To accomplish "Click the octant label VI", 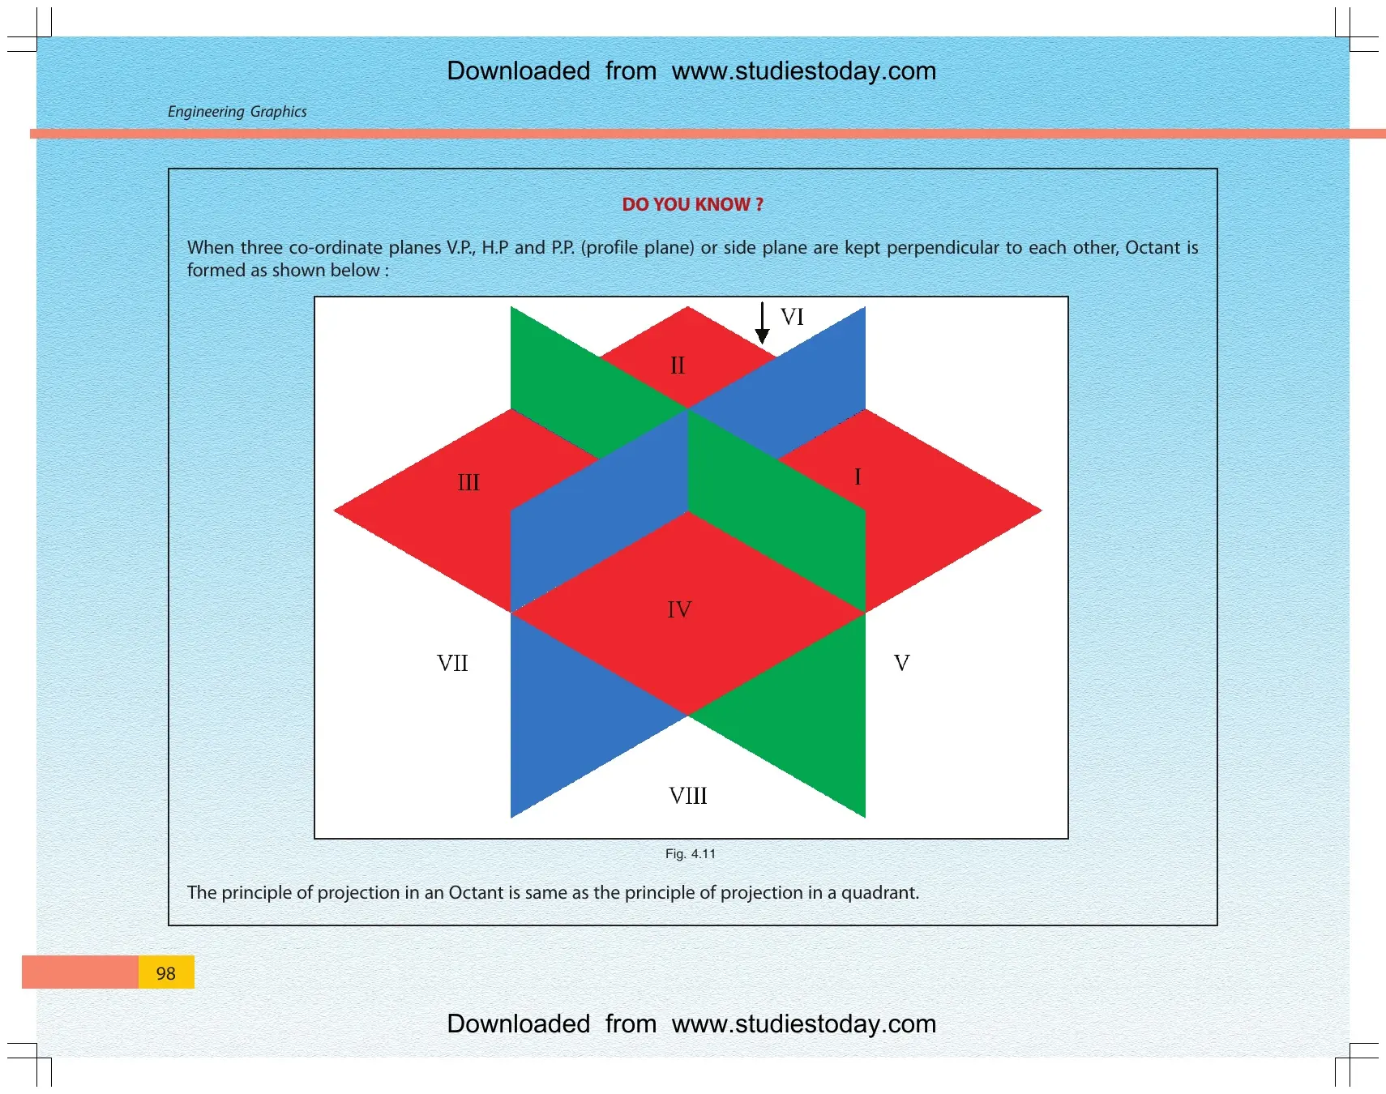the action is pos(792,317).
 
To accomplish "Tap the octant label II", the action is pos(678,365).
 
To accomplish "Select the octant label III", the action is pos(468,483).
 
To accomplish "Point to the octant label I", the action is pos(858,476).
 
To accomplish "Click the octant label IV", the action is pos(679,609).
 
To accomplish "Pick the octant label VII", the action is pos(452,663).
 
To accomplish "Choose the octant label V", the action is pos(901,663).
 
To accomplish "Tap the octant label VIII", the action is pos(688,796).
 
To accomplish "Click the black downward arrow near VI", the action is pos(762,323).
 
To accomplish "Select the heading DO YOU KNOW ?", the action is pos(693,204).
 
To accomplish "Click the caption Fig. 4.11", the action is pos(691,853).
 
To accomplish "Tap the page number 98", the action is pos(166,973).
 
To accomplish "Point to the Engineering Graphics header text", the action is pos(237,112).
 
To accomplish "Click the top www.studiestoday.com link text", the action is pos(804,71).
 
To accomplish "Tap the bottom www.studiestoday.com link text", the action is pos(804,1024).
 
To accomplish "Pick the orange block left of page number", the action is pos(80,972).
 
